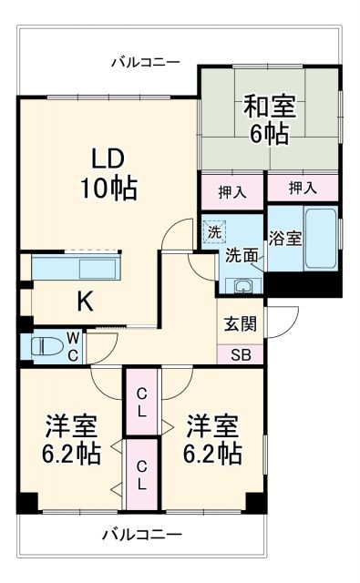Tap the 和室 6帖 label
click(x=269, y=119)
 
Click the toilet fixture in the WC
click(x=46, y=346)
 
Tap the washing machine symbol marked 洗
click(x=214, y=231)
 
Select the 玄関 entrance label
click(x=242, y=324)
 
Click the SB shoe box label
click(x=241, y=355)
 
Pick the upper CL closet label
click(x=142, y=402)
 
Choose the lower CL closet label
click(x=142, y=474)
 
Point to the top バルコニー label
click(x=146, y=62)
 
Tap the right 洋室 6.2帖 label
click(x=214, y=439)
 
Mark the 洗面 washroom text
click(x=242, y=255)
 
